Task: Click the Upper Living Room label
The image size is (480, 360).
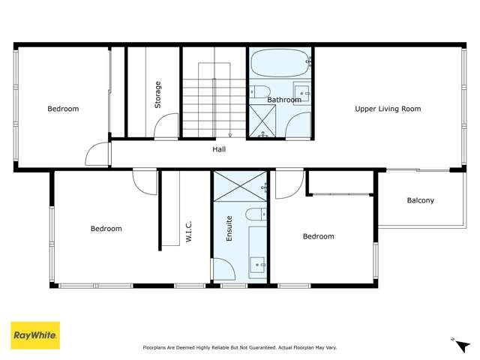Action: tap(388, 109)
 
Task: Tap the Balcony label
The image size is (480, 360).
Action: tap(420, 200)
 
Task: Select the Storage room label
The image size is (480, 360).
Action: tap(157, 94)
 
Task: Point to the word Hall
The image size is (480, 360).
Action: tap(219, 149)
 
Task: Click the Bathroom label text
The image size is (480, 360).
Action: tap(284, 100)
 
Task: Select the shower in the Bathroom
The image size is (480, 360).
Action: tap(262, 120)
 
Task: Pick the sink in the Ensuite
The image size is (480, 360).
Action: tap(258, 263)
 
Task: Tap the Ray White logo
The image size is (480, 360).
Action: tap(34, 336)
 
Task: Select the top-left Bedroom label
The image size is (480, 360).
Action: tap(63, 109)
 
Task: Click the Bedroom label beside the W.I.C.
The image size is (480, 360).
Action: tap(106, 229)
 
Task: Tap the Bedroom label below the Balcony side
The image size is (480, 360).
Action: tap(318, 236)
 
